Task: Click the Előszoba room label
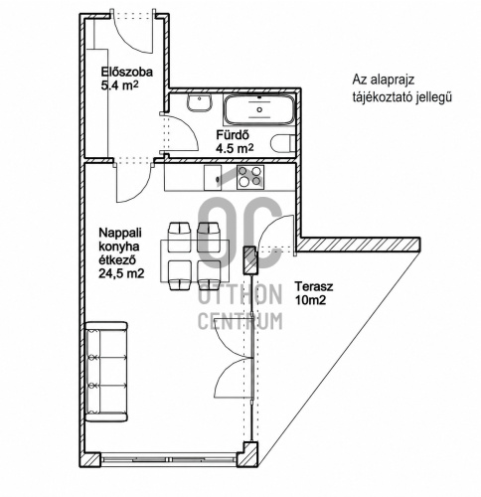click(127, 72)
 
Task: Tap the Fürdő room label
click(233, 135)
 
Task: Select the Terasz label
click(314, 286)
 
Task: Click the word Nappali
click(120, 233)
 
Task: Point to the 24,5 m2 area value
click(121, 273)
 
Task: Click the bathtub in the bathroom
click(258, 109)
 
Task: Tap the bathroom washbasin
click(200, 102)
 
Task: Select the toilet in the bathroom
click(282, 144)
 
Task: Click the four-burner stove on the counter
click(250, 177)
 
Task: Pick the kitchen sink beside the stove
click(213, 178)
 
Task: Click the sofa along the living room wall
click(106, 372)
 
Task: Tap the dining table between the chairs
click(195, 261)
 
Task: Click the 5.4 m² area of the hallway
click(119, 85)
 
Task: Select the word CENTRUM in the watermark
click(240, 321)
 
